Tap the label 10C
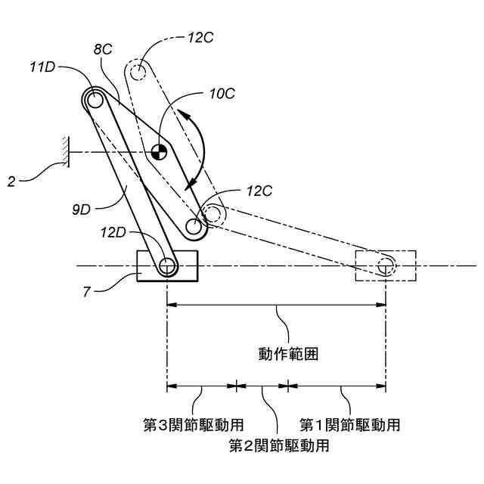pyautogui.click(x=222, y=94)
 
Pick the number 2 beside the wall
pyautogui.click(x=11, y=181)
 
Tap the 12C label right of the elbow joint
pyautogui.click(x=259, y=191)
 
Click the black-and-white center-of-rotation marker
pyautogui.click(x=158, y=151)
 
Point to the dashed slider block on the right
pyautogui.click(x=386, y=265)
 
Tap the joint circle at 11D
pyautogui.click(x=94, y=99)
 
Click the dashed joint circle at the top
pyautogui.click(x=138, y=73)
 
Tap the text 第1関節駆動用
pyautogui.click(x=349, y=423)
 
